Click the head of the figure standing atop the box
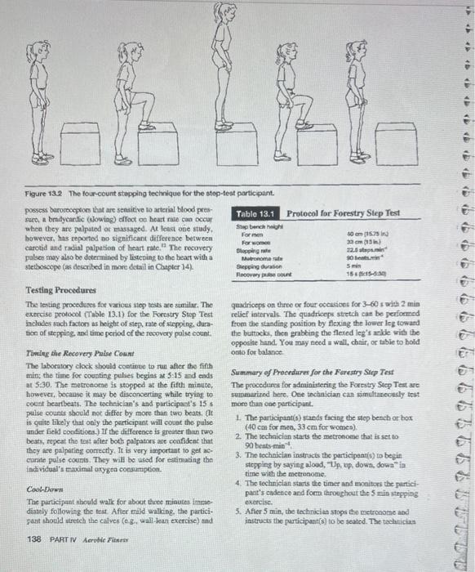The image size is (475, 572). coord(220,12)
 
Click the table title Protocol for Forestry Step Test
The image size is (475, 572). coord(344,212)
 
